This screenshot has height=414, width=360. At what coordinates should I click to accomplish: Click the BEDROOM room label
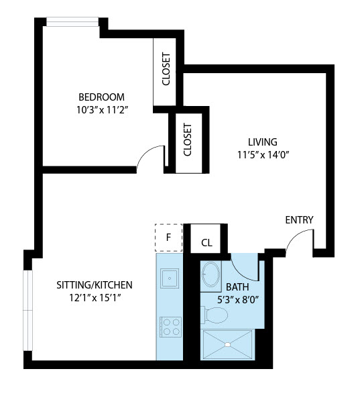[101, 97]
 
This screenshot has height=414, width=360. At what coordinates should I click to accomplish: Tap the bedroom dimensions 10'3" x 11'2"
[103, 109]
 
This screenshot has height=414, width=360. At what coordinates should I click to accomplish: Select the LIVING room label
[263, 142]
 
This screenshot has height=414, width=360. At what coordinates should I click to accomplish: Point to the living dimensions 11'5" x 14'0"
[263, 154]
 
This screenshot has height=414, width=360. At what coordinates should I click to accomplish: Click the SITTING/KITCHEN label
[95, 285]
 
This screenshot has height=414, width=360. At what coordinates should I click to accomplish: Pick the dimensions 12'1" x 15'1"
[95, 298]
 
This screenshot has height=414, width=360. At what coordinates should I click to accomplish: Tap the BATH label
[237, 287]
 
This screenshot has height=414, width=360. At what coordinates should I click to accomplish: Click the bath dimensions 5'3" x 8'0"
[238, 300]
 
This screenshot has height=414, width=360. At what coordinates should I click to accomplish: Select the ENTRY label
[300, 219]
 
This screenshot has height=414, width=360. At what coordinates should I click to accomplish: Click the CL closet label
[206, 243]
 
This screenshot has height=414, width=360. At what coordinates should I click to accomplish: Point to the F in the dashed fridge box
[168, 238]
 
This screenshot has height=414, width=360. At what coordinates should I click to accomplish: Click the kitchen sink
[170, 278]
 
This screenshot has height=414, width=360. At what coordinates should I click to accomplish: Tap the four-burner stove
[171, 327]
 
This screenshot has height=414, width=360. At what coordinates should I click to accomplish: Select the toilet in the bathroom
[214, 315]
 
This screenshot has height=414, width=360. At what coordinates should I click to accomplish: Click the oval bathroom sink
[211, 274]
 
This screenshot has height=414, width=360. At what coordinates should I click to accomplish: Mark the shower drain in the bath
[228, 345]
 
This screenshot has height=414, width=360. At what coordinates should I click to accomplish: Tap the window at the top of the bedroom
[72, 22]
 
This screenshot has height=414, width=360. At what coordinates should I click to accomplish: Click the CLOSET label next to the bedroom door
[187, 140]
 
